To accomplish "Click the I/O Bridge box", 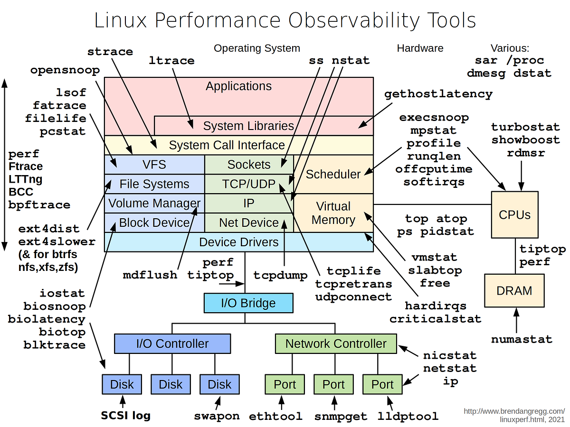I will coord(248,303).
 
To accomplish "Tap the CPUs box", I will coord(514,214).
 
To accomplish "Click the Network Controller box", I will coord(336,343).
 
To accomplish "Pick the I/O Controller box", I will coord(172,343).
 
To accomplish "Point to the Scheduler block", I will coord(333,174).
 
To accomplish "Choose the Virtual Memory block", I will coord(333,213).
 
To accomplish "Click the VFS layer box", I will coord(154,165).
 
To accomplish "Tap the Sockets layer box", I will coord(248,165).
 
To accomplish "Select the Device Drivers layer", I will coord(238,242).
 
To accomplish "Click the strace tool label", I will coord(110,51).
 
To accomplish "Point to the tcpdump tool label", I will coord(280,275).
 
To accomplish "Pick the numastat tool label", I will coord(522,339).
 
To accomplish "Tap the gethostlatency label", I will coord(438,94).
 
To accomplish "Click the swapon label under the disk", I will coord(217,417).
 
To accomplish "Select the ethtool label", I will coord(275,417).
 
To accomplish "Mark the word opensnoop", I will coord(65,70).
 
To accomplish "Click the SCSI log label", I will coord(125,416).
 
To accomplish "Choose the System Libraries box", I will coord(248,126).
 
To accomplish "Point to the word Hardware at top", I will coord(420,48).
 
